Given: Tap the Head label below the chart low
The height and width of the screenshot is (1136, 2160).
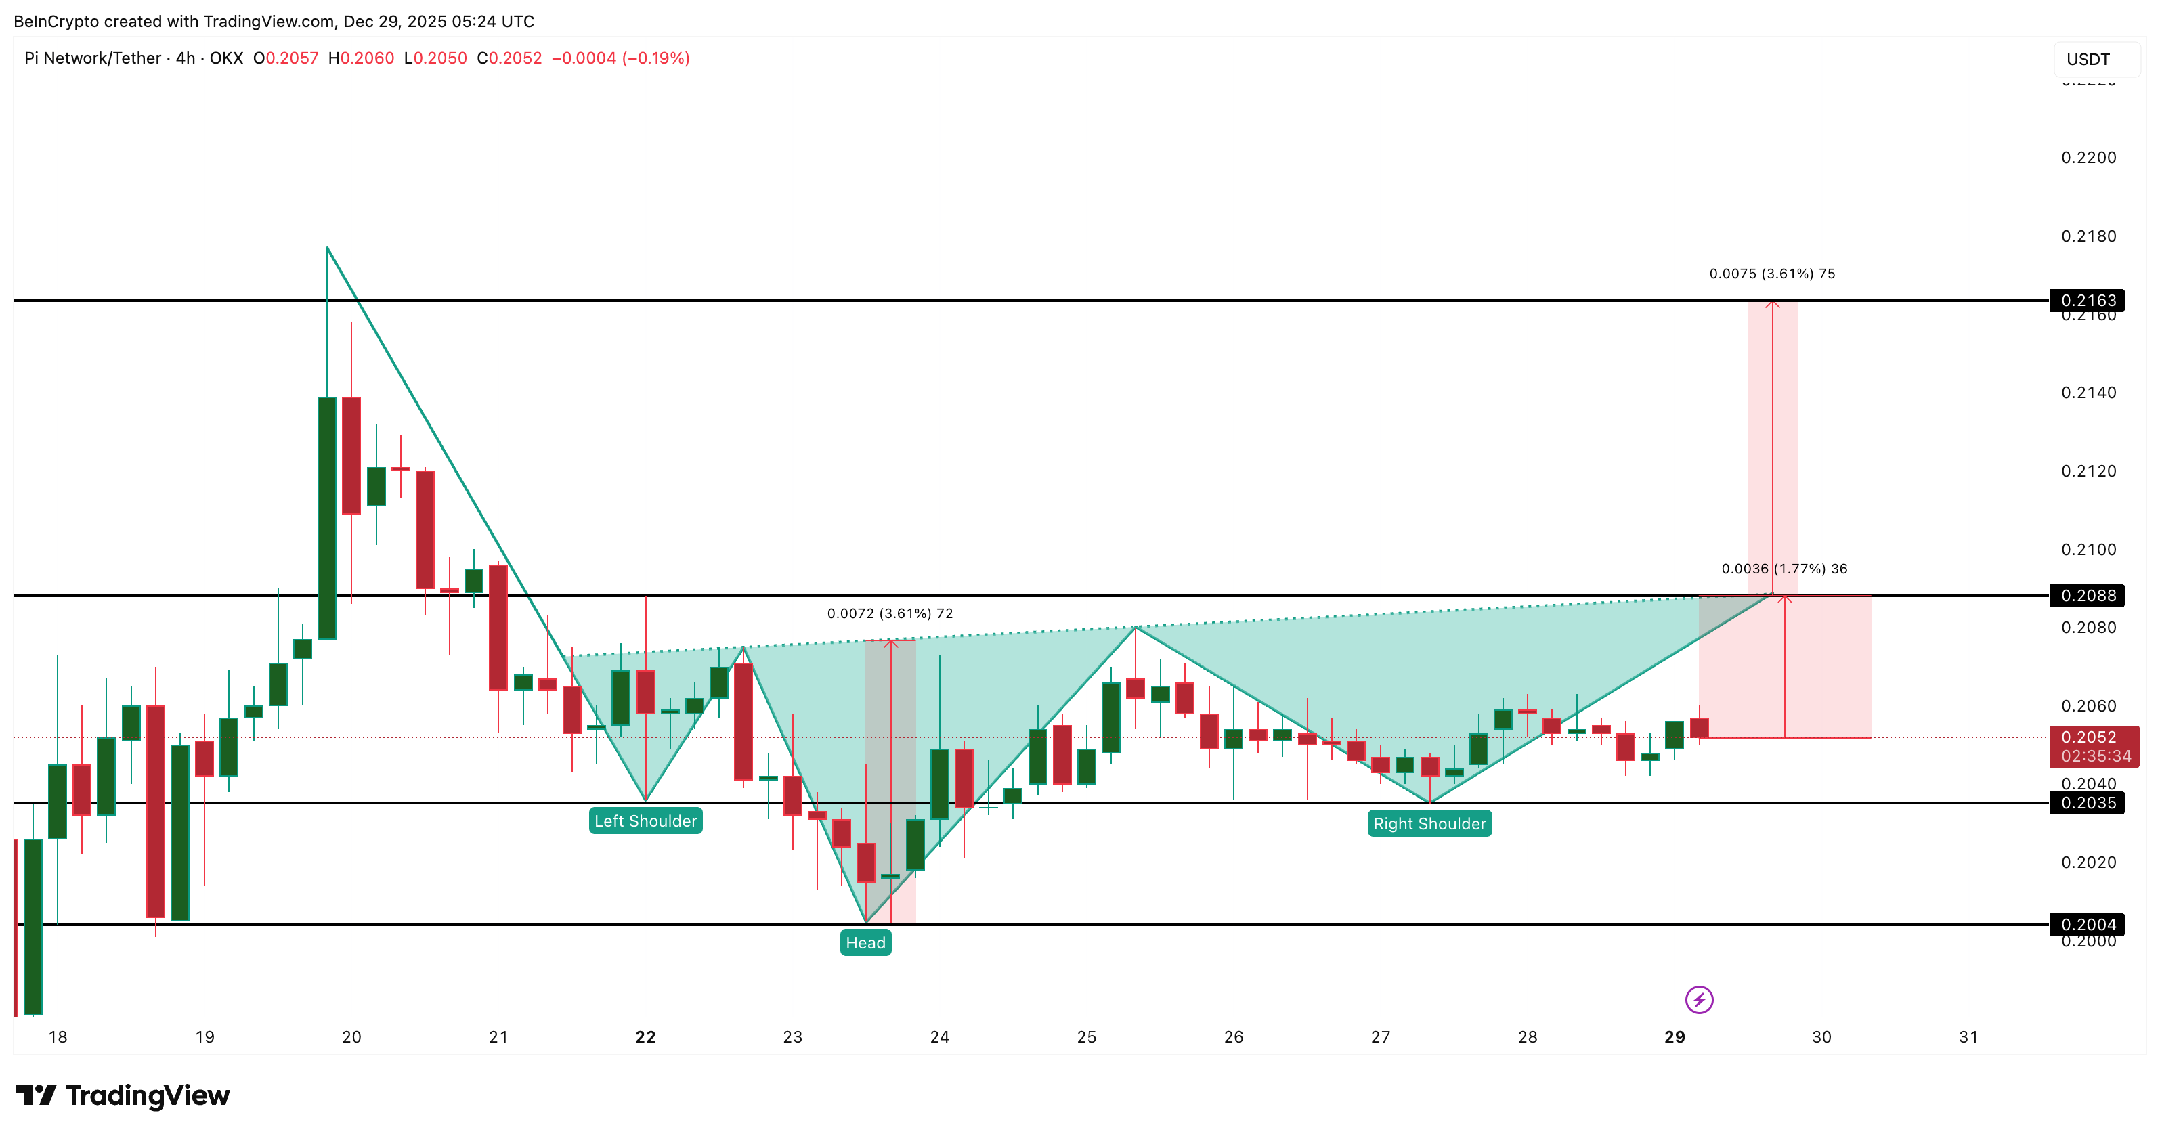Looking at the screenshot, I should click(x=865, y=942).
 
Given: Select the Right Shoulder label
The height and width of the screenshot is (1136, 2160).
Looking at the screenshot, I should click(x=1429, y=823).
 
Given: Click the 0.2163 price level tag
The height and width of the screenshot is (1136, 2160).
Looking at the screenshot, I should click(x=2088, y=300).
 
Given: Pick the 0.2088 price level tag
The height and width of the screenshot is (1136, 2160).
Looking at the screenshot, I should click(x=2088, y=595).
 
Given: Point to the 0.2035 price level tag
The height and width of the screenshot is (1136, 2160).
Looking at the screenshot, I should click(x=2088, y=802).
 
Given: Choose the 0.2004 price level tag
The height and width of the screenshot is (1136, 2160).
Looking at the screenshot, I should click(x=2088, y=924).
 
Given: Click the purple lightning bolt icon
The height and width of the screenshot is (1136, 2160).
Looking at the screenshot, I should click(x=1699, y=999).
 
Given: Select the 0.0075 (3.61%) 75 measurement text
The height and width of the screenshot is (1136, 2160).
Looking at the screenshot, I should click(x=1772, y=274).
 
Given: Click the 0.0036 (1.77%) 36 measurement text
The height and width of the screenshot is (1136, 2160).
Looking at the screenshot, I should click(x=1784, y=569).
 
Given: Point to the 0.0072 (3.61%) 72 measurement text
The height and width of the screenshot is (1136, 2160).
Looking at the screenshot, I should click(x=890, y=613).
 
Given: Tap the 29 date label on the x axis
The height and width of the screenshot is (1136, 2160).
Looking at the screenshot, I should click(x=1675, y=1037).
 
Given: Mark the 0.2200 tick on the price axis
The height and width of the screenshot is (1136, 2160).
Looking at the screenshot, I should click(x=2088, y=158).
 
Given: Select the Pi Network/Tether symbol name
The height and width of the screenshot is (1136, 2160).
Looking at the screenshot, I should click(x=92, y=58).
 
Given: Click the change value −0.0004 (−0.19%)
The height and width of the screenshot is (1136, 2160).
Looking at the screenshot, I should click(x=620, y=58).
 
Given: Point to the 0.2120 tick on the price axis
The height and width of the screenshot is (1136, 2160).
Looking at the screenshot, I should click(x=2088, y=471).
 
